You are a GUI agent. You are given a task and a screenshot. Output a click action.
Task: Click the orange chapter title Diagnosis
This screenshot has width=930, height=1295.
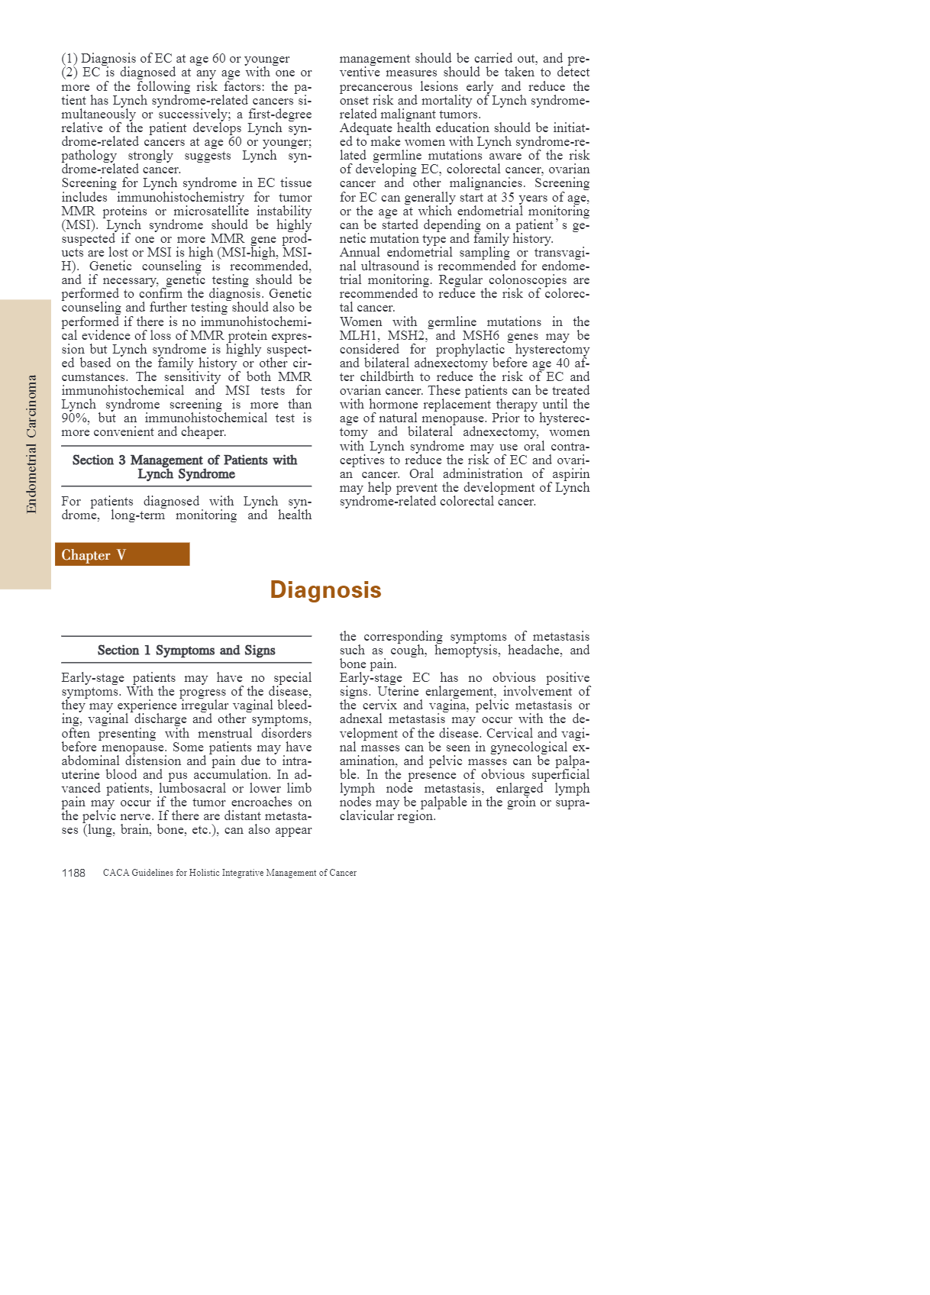point(325,590)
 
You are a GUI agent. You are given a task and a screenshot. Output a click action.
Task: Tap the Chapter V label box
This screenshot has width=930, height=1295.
point(122,555)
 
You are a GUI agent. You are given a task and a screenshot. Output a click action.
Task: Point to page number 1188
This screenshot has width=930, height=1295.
point(73,873)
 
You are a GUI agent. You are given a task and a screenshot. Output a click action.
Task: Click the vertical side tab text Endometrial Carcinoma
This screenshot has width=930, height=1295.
point(31,444)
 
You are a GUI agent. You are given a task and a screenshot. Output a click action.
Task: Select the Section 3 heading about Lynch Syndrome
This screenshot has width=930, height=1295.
point(186,467)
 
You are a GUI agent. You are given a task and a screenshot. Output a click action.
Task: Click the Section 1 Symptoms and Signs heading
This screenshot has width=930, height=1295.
point(186,651)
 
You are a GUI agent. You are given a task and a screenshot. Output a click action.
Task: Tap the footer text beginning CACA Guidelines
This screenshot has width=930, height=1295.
point(229,873)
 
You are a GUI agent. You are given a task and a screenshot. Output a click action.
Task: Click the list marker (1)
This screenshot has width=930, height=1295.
point(69,59)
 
